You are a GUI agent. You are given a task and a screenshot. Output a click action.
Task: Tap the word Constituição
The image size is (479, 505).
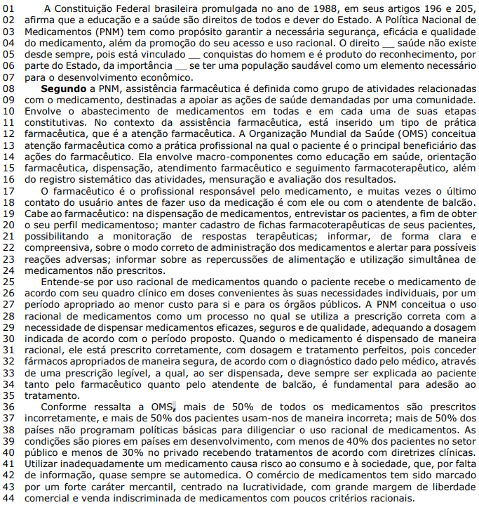87,6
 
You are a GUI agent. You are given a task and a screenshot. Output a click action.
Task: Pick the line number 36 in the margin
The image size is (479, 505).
9,406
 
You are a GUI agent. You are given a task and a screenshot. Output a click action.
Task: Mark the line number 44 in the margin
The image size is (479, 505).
9,498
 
